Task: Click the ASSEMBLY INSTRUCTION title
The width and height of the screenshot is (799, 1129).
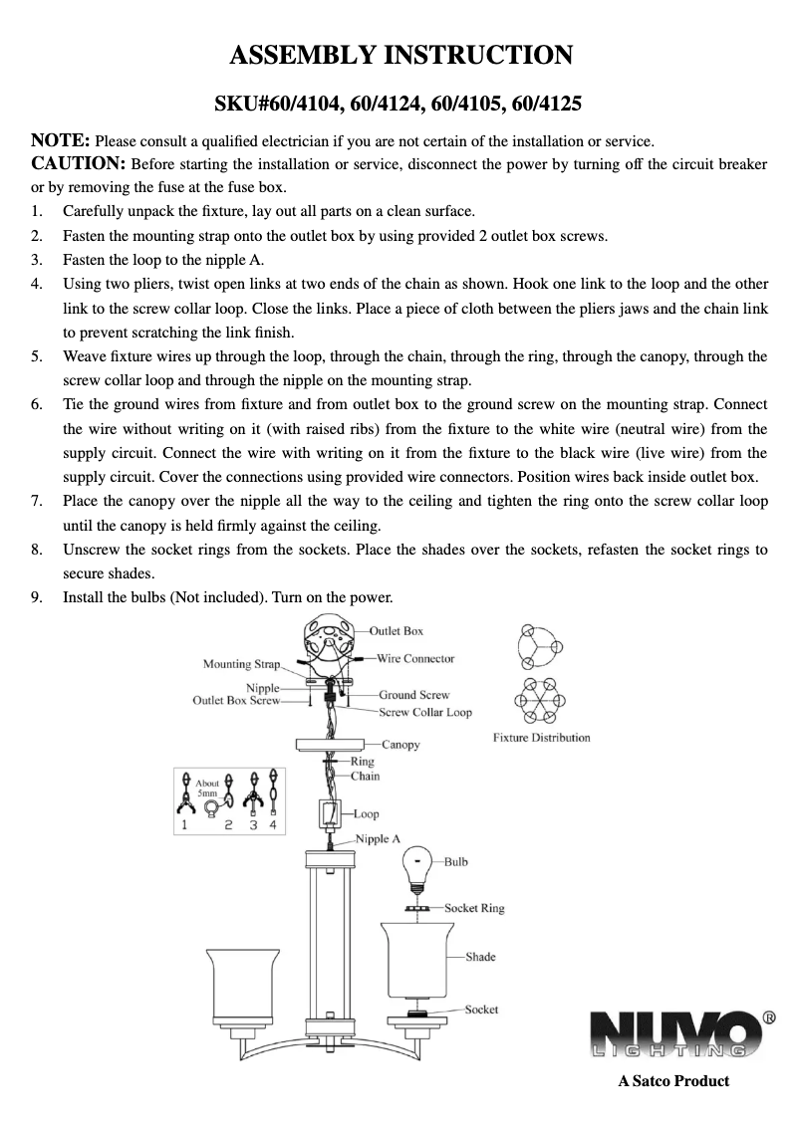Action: point(400,55)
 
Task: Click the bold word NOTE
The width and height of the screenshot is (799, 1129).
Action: point(62,139)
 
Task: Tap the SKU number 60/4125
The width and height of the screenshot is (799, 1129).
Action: point(546,104)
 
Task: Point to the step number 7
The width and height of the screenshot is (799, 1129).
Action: point(36,501)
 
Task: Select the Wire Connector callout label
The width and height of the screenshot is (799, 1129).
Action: point(415,659)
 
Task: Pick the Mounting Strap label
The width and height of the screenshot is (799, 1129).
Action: point(242,664)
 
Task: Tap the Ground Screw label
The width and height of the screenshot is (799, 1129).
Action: point(413,695)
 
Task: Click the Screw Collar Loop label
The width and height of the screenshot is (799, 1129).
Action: point(425,712)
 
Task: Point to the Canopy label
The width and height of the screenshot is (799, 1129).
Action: point(400,744)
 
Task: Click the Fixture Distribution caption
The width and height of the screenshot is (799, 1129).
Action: point(542,738)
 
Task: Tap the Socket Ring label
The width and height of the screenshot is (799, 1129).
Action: point(474,908)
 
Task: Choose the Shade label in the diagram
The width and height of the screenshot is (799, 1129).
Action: point(479,957)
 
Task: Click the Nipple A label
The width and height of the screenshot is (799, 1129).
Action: point(379,839)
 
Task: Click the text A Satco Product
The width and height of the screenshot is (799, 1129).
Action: point(673,1081)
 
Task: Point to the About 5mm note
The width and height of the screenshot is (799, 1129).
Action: point(207,789)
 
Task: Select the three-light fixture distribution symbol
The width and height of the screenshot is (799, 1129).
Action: point(541,649)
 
